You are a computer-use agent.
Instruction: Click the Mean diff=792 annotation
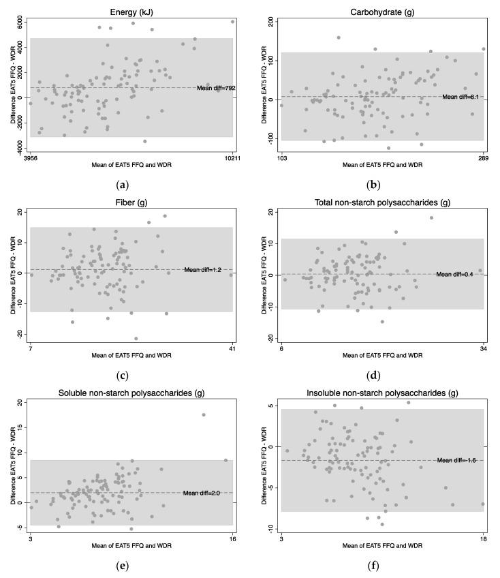point(214,87)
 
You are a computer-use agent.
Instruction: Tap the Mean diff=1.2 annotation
point(204,270)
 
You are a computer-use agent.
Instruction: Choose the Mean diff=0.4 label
point(454,275)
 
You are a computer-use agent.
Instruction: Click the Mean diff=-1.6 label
point(455,460)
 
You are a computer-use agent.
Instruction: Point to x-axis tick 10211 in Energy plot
point(232,158)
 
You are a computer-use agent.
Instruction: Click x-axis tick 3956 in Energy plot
point(31,158)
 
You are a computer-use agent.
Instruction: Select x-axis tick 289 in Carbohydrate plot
point(483,158)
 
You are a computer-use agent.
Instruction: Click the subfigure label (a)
point(123,185)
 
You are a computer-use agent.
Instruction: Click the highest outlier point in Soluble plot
point(203,414)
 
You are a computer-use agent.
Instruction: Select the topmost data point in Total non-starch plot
point(431,218)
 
